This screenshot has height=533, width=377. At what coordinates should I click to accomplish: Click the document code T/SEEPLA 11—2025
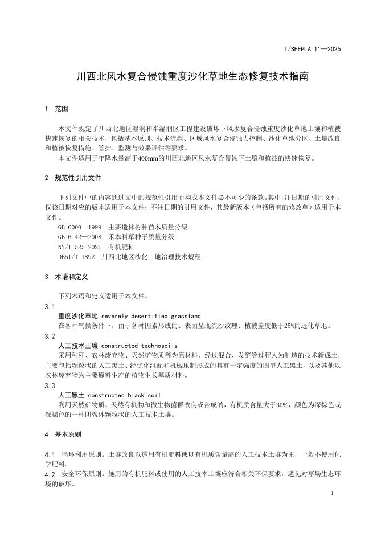pyautogui.click(x=312, y=50)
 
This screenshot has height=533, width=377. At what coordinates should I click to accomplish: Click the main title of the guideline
pyautogui.click(x=188, y=76)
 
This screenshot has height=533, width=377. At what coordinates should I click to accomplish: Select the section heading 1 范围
pyautogui.click(x=56, y=109)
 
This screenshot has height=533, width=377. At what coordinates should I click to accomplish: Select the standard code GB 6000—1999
pyautogui.click(x=79, y=227)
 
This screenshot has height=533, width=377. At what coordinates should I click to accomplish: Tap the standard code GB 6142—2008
pyautogui.click(x=79, y=236)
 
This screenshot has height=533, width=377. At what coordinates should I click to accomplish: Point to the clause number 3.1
pyautogui.click(x=50, y=306)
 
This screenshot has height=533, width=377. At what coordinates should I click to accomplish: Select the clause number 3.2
pyautogui.click(x=50, y=336)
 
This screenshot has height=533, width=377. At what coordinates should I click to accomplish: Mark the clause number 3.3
pyautogui.click(x=50, y=386)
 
